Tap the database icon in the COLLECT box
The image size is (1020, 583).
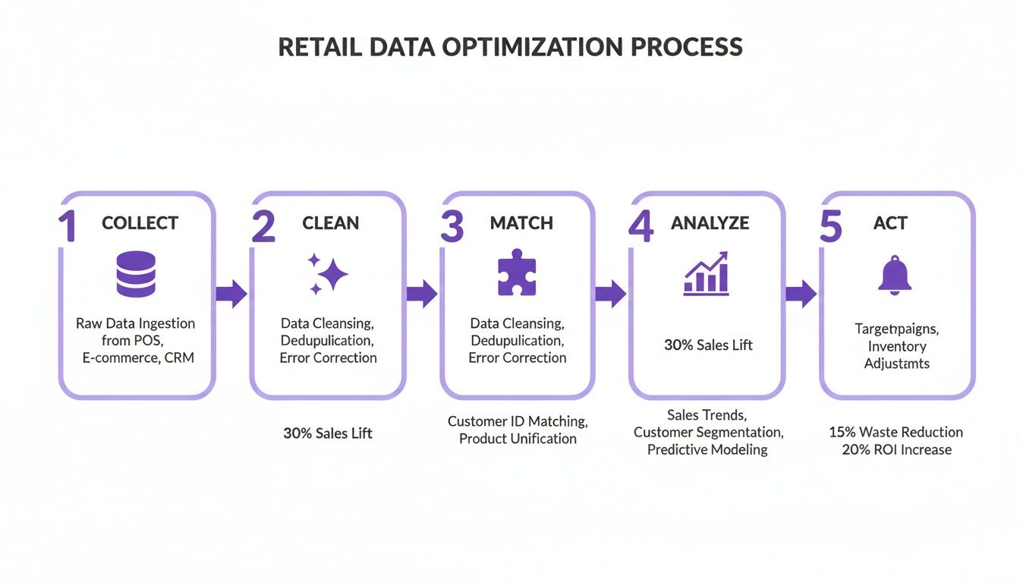(x=136, y=274)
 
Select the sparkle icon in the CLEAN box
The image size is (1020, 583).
(x=327, y=274)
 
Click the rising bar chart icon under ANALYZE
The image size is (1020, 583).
(x=707, y=274)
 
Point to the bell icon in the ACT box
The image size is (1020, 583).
(x=895, y=275)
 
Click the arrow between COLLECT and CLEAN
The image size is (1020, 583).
(x=231, y=294)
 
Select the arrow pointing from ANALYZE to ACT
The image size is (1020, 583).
(x=800, y=294)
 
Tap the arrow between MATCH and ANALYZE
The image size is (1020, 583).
(x=610, y=294)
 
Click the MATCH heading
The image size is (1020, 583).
(x=521, y=223)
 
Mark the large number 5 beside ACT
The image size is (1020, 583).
(x=831, y=225)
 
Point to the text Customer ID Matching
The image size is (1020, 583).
(x=518, y=421)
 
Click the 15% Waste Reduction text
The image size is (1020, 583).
(x=896, y=432)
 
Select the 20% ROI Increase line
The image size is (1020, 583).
(x=896, y=449)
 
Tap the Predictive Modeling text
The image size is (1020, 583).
(x=707, y=449)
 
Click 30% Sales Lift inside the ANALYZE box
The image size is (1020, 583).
(x=708, y=345)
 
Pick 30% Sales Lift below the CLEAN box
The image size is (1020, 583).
(x=327, y=433)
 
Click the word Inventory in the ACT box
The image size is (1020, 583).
(x=897, y=346)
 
